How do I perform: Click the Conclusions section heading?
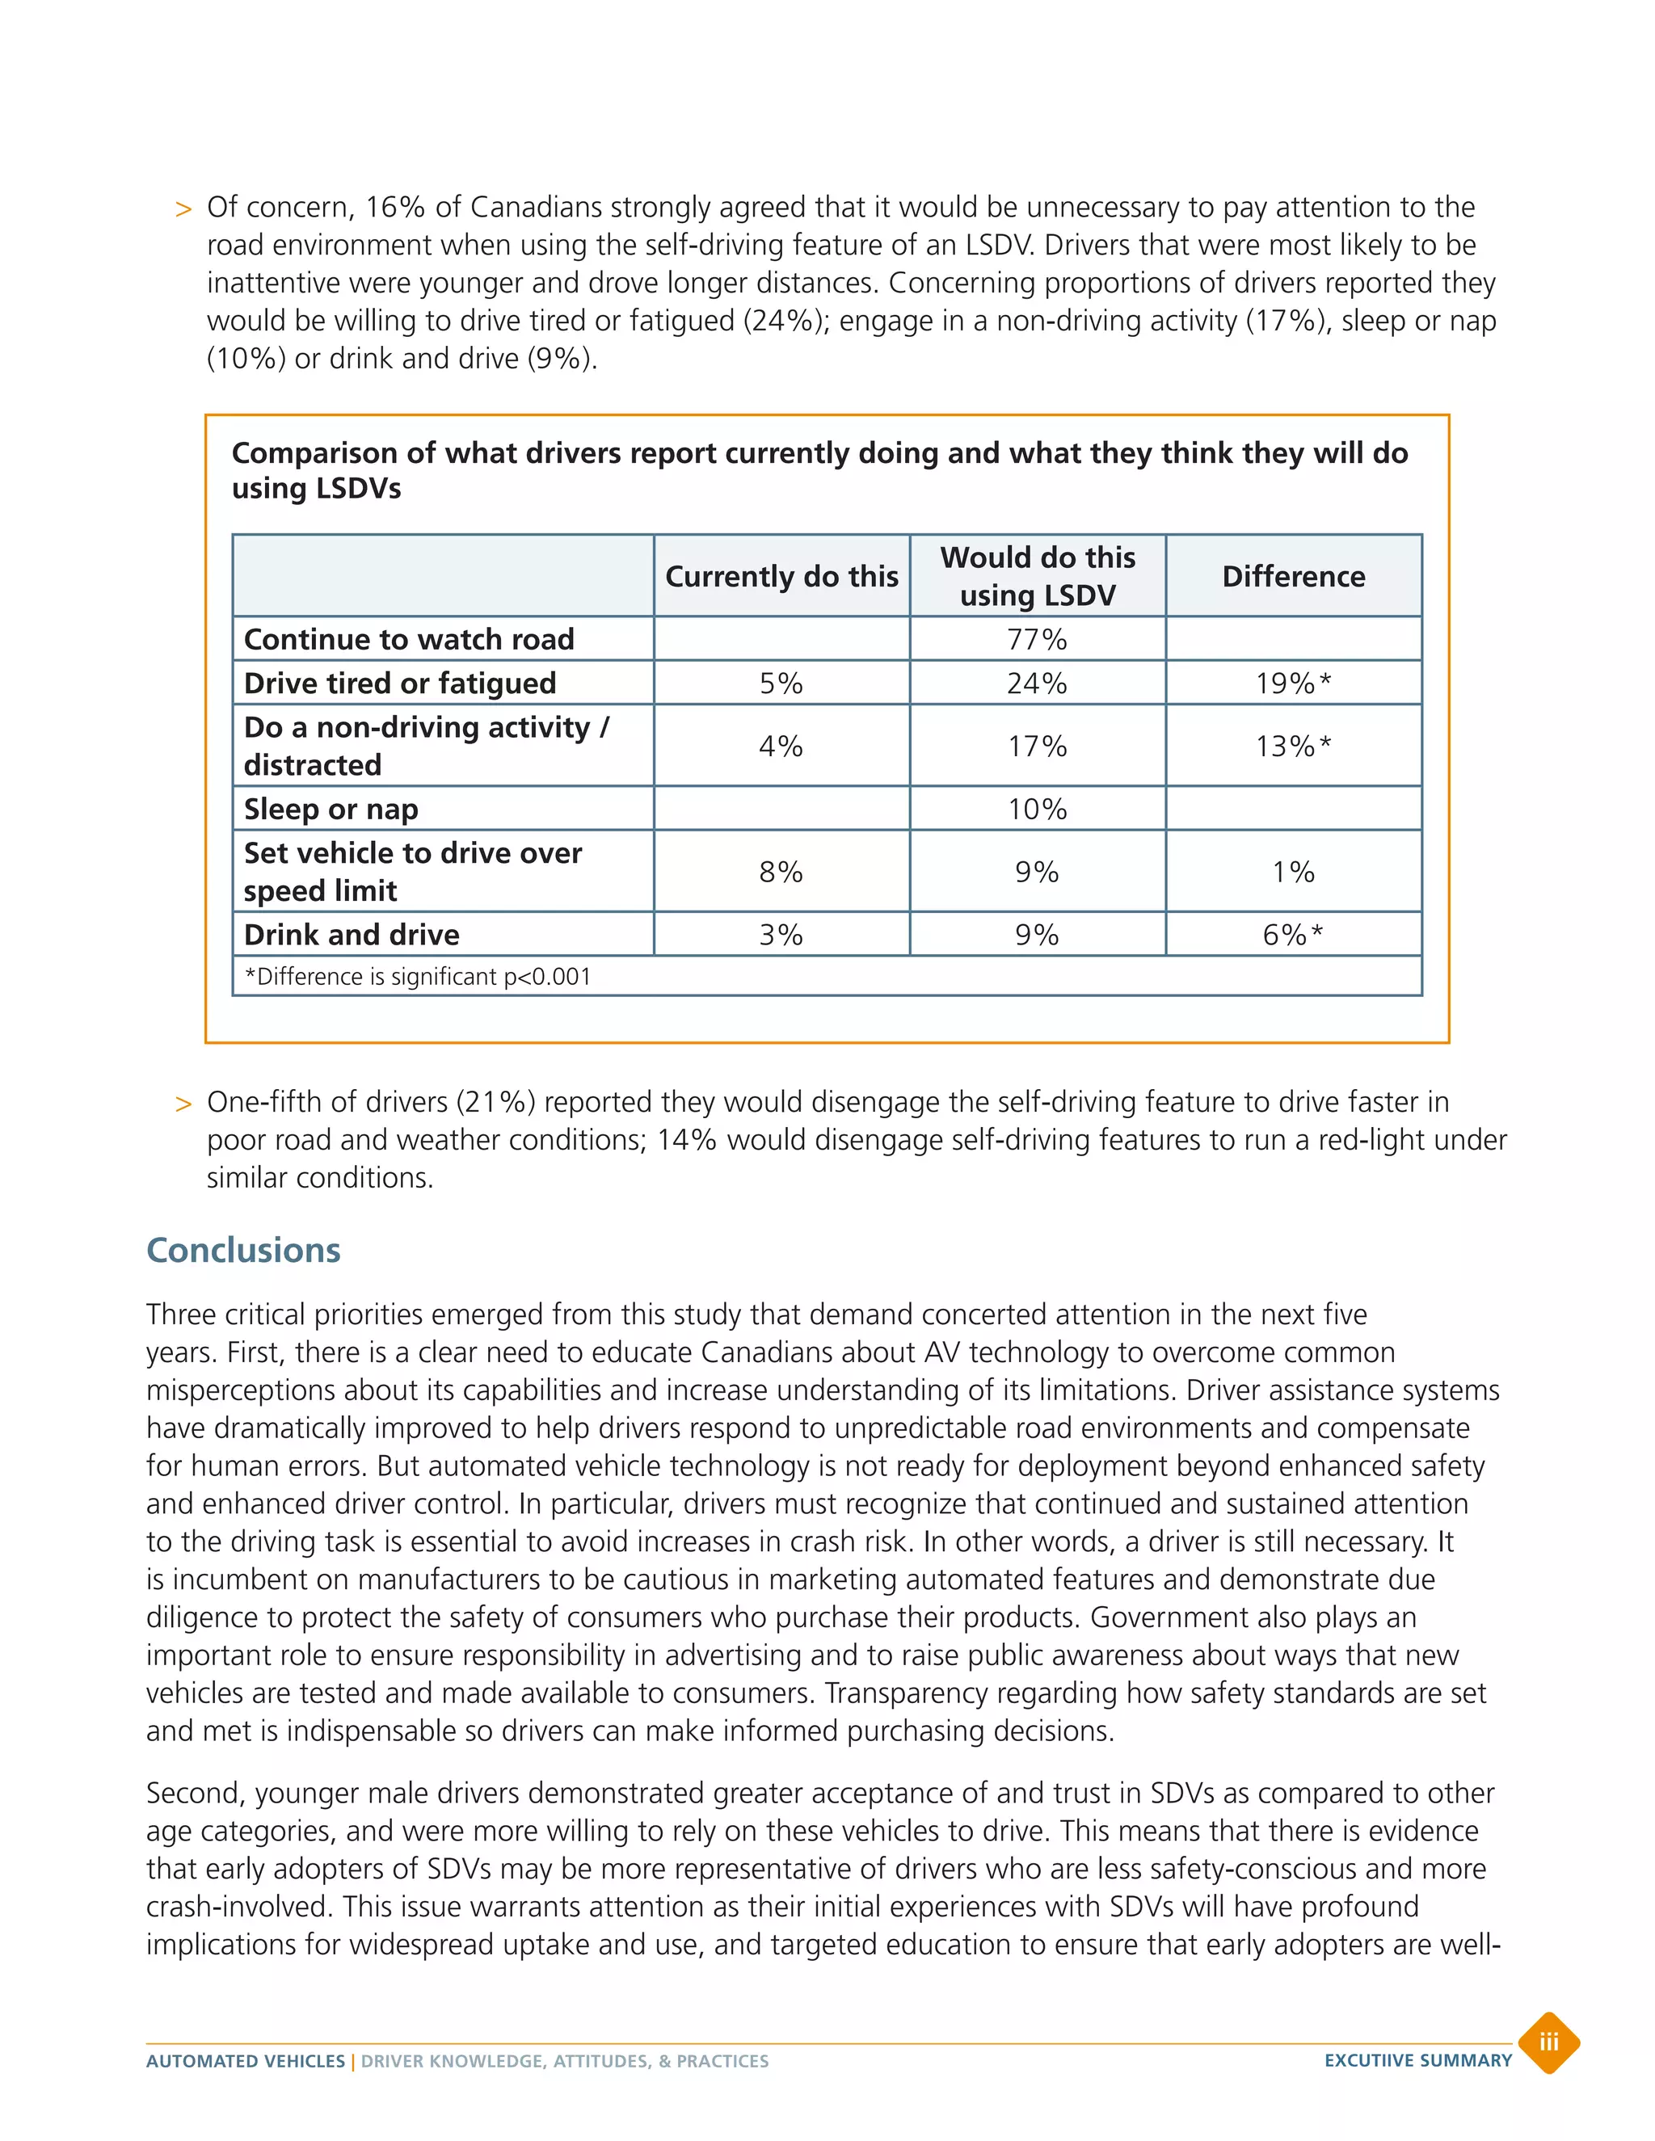(x=243, y=1251)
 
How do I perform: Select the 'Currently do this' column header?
(x=781, y=576)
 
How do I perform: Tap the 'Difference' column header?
(x=1293, y=576)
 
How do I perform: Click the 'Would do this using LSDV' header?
(x=1038, y=576)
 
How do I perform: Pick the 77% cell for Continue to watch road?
(x=1038, y=639)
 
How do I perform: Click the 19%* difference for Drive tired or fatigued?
(x=1293, y=684)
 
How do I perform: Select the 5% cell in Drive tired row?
(x=781, y=684)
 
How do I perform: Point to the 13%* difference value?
(x=1293, y=746)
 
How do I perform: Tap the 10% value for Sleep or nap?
(x=1038, y=809)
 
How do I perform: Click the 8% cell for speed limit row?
(x=781, y=872)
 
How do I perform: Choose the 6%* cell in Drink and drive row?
(x=1293, y=934)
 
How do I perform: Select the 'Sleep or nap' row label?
(x=331, y=809)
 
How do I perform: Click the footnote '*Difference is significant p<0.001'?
(x=418, y=977)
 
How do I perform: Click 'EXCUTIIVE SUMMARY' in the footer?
(x=1417, y=2061)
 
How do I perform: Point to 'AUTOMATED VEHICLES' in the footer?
(x=245, y=2062)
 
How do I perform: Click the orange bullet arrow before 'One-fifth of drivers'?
(x=183, y=1104)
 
